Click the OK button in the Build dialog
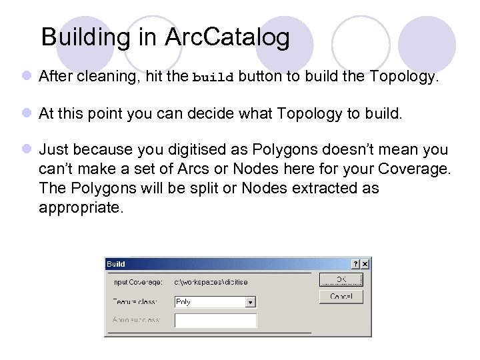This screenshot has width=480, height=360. [x=341, y=279]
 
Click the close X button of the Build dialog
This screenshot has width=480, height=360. [x=365, y=265]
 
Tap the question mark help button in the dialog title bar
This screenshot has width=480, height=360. [x=355, y=265]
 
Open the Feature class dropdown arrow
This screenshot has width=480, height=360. [x=251, y=302]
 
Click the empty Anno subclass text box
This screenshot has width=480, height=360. [x=215, y=321]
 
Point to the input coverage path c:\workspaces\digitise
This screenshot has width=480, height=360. [x=211, y=282]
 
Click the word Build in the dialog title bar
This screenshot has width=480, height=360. [x=116, y=265]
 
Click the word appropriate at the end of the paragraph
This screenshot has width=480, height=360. [x=81, y=207]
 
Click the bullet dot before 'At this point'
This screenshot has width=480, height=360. [x=25, y=113]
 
